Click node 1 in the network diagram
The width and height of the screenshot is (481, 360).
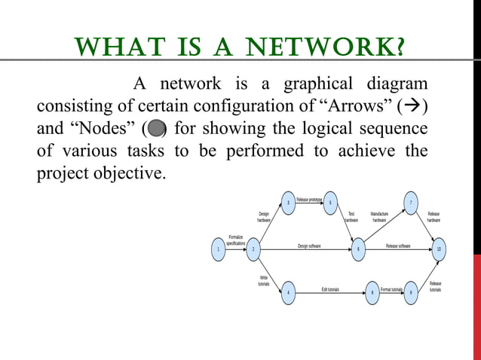pyautogui.click(x=218, y=249)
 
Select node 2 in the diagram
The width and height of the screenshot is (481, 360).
pyautogui.click(x=253, y=249)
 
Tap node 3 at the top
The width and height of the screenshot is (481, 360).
pyautogui.click(x=287, y=203)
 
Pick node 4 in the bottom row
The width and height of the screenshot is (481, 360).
pyautogui.click(x=287, y=292)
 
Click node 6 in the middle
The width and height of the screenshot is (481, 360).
pyautogui.click(x=358, y=249)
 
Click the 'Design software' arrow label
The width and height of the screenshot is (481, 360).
pyautogui.click(x=309, y=246)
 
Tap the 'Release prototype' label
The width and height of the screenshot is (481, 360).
pyautogui.click(x=309, y=200)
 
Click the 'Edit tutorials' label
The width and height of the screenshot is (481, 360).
pyautogui.click(x=330, y=289)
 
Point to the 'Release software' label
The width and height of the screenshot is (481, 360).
pyautogui.click(x=398, y=246)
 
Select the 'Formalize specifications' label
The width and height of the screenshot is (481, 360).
pyautogui.click(x=235, y=239)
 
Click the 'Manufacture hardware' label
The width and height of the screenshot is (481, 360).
pyautogui.click(x=379, y=217)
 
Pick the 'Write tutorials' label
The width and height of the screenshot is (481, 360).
pyautogui.click(x=264, y=280)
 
